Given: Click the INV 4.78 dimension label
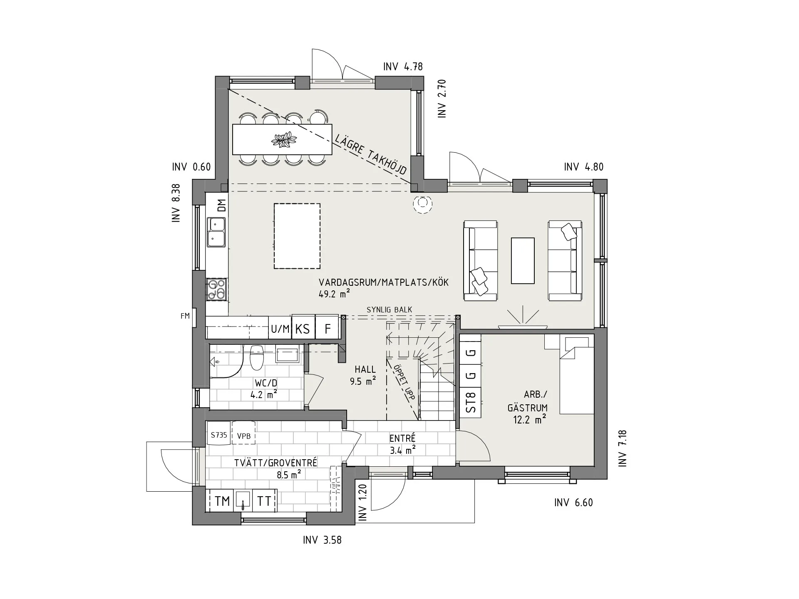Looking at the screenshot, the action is click(403, 67).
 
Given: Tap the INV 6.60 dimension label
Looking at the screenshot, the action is click(573, 502).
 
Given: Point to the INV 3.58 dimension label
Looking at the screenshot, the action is click(322, 540).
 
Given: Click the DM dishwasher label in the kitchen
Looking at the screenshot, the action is click(222, 205).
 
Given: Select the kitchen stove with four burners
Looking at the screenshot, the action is click(216, 290).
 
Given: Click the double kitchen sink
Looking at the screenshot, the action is click(216, 231).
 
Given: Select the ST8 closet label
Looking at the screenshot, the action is click(471, 403).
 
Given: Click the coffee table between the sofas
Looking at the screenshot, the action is click(523, 260).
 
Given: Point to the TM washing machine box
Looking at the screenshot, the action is click(223, 501).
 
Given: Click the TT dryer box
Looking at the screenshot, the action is click(264, 501).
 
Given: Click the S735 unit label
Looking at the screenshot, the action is click(219, 435).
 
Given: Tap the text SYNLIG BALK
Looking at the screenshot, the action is click(390, 310).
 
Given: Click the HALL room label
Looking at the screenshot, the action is click(365, 369).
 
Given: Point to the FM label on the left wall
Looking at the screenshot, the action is click(185, 316).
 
